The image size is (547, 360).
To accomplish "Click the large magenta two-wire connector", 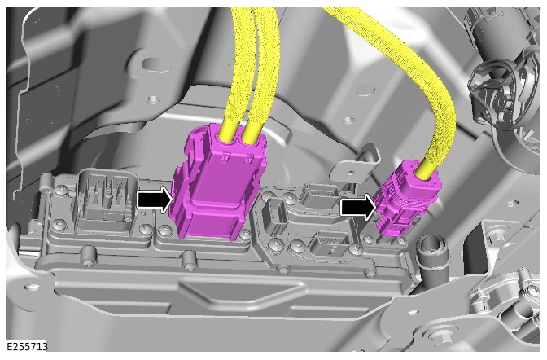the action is [218, 183].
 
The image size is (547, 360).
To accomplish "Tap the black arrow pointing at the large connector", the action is [155, 200].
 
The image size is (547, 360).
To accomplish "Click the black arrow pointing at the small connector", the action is [358, 207].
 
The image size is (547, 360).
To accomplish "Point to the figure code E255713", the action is [27, 346].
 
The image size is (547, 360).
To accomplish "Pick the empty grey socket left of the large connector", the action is [103, 200].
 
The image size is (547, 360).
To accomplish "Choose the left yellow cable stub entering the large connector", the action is [229, 130].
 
